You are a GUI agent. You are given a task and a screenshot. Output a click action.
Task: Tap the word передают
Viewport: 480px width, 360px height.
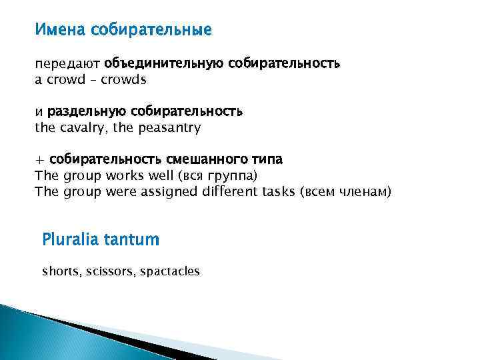coord(67,64)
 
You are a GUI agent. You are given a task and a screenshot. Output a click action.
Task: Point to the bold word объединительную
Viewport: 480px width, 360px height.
coord(164,64)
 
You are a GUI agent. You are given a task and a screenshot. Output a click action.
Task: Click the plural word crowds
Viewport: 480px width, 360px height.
coord(123,79)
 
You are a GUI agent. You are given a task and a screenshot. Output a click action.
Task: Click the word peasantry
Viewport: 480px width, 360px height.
coord(169,127)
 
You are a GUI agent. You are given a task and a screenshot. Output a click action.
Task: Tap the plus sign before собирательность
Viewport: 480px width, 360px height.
coord(39,160)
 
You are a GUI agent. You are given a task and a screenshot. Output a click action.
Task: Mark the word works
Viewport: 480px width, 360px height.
coord(121,176)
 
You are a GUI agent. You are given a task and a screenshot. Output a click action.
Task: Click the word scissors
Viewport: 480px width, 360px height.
coord(108,271)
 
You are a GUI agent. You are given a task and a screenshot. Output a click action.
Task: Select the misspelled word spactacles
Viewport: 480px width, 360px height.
coord(170,271)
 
